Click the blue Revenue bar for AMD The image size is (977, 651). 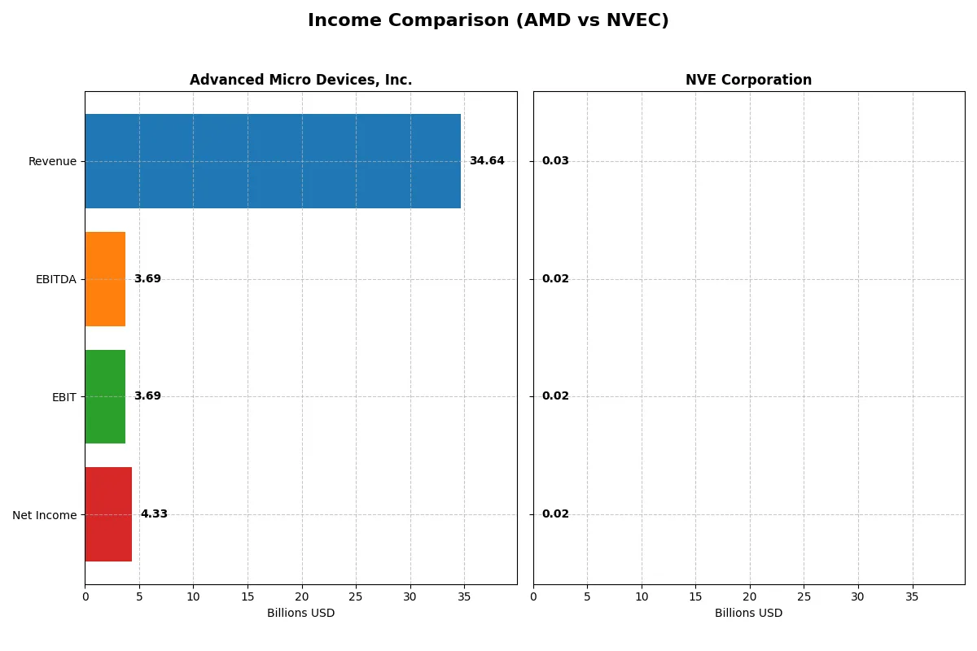click(273, 161)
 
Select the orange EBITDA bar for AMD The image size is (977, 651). click(105, 279)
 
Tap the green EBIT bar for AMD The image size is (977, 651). click(105, 396)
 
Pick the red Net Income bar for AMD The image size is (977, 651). click(108, 514)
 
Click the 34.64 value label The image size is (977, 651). click(487, 161)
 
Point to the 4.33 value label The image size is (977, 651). click(154, 514)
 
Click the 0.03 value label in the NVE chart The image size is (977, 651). click(555, 161)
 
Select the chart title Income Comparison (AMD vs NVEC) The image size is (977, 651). click(488, 21)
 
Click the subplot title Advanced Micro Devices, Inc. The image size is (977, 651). click(300, 81)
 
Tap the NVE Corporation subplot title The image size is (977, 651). click(748, 81)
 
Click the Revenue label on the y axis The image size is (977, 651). click(52, 162)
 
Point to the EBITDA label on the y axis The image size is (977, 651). click(55, 280)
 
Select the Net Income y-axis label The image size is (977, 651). click(44, 515)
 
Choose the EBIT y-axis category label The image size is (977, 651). click(64, 397)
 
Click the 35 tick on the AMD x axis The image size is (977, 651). click(464, 596)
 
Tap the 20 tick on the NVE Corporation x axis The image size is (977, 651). click(750, 596)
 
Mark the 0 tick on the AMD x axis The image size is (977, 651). click(85, 596)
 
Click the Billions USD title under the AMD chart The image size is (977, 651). click(300, 614)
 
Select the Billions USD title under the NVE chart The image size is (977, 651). click(748, 614)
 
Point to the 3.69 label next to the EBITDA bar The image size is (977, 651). click(147, 279)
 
